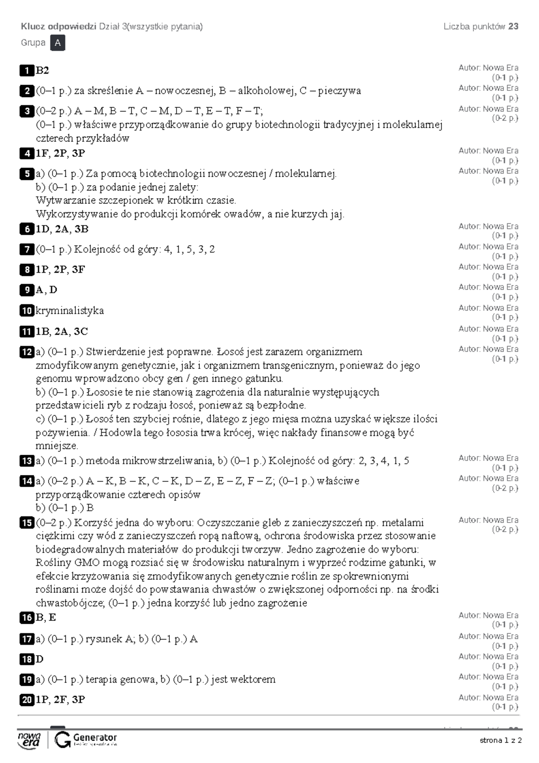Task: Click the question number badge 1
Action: click(27, 71)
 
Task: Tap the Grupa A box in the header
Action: click(58, 43)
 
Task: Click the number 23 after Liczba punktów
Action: click(513, 27)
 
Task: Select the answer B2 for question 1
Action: click(42, 71)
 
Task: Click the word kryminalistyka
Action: click(70, 311)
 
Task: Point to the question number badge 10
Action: click(27, 311)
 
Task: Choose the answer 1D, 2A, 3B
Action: click(62, 229)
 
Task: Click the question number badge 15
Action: click(27, 523)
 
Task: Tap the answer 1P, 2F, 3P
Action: click(60, 700)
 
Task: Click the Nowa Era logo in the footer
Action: click(29, 740)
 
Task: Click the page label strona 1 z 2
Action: click(500, 741)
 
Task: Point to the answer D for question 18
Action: click(40, 659)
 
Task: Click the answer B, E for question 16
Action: click(46, 618)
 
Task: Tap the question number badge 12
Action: click(27, 352)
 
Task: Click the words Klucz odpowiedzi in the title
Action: click(58, 27)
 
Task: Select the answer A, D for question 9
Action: click(46, 290)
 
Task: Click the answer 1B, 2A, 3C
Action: click(62, 332)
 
